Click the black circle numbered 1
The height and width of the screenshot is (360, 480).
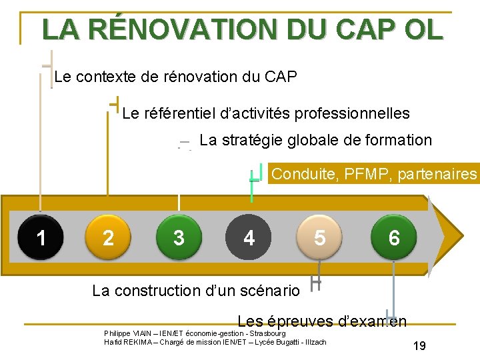pyautogui.click(x=41, y=237)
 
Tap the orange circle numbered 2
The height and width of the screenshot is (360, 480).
pyautogui.click(x=108, y=237)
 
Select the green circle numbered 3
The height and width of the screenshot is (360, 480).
pyautogui.click(x=178, y=237)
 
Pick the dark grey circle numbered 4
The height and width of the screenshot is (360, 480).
pyautogui.click(x=249, y=237)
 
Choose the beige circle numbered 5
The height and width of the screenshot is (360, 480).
pyautogui.click(x=320, y=237)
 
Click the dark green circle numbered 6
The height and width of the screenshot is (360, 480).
pyautogui.click(x=394, y=237)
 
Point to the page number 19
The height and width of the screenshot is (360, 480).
pyautogui.click(x=419, y=346)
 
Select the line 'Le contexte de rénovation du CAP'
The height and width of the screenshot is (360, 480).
pyautogui.click(x=175, y=77)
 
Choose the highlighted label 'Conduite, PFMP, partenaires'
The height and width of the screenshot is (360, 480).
pyautogui.click(x=375, y=174)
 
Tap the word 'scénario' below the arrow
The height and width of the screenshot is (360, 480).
pyautogui.click(x=273, y=291)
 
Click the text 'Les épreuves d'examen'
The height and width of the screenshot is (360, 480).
pyautogui.click(x=322, y=321)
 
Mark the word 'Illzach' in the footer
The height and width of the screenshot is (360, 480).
pyautogui.click(x=315, y=342)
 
